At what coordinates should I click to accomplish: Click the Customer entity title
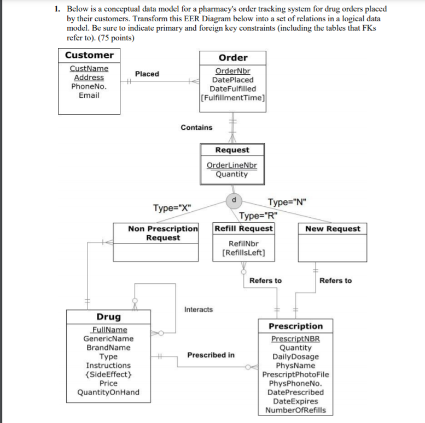[89, 55]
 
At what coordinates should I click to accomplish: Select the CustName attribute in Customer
[89, 69]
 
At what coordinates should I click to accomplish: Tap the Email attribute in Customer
[89, 96]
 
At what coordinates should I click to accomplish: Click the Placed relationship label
[147, 74]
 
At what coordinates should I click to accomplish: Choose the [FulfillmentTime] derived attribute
[233, 98]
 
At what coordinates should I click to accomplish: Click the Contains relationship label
[196, 128]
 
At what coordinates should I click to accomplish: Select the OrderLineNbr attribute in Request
[231, 165]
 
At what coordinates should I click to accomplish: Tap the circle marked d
[234, 200]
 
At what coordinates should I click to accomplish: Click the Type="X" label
[172, 208]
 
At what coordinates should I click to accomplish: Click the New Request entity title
[333, 229]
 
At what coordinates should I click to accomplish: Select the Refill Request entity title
[243, 228]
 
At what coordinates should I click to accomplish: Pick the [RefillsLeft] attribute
[243, 253]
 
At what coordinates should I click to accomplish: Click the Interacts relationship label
[199, 309]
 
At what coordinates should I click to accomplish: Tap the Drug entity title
[109, 317]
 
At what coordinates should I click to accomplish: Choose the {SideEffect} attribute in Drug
[108, 374]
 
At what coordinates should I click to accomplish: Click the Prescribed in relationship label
[211, 355]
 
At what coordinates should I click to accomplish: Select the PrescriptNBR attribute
[295, 339]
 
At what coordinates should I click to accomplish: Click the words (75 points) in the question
[115, 38]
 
